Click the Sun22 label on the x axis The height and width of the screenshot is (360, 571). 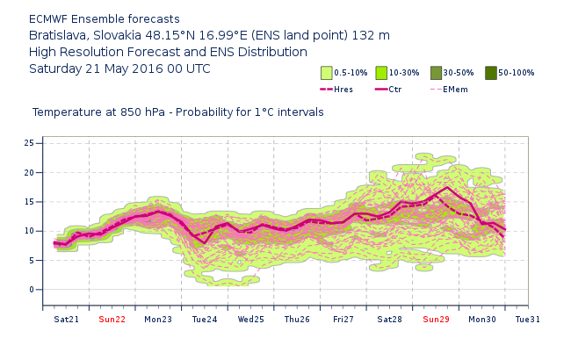pos(112,319)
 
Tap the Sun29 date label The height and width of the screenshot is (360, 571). pos(436,319)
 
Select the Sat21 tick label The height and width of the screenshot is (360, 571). pos(66,319)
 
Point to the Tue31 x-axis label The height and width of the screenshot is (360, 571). pos(528,319)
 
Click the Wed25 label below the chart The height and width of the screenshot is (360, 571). pos(250,319)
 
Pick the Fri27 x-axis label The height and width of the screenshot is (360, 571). pos(343,319)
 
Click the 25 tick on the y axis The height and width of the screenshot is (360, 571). pos(29,143)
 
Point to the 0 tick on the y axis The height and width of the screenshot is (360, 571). pos(32,290)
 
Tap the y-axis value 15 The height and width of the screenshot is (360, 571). pos(29,202)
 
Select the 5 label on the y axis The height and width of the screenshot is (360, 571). pos(32,261)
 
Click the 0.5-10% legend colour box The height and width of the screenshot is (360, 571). pos(326,73)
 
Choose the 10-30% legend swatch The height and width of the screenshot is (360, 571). pos(381,73)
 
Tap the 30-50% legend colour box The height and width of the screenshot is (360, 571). pos(436,73)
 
